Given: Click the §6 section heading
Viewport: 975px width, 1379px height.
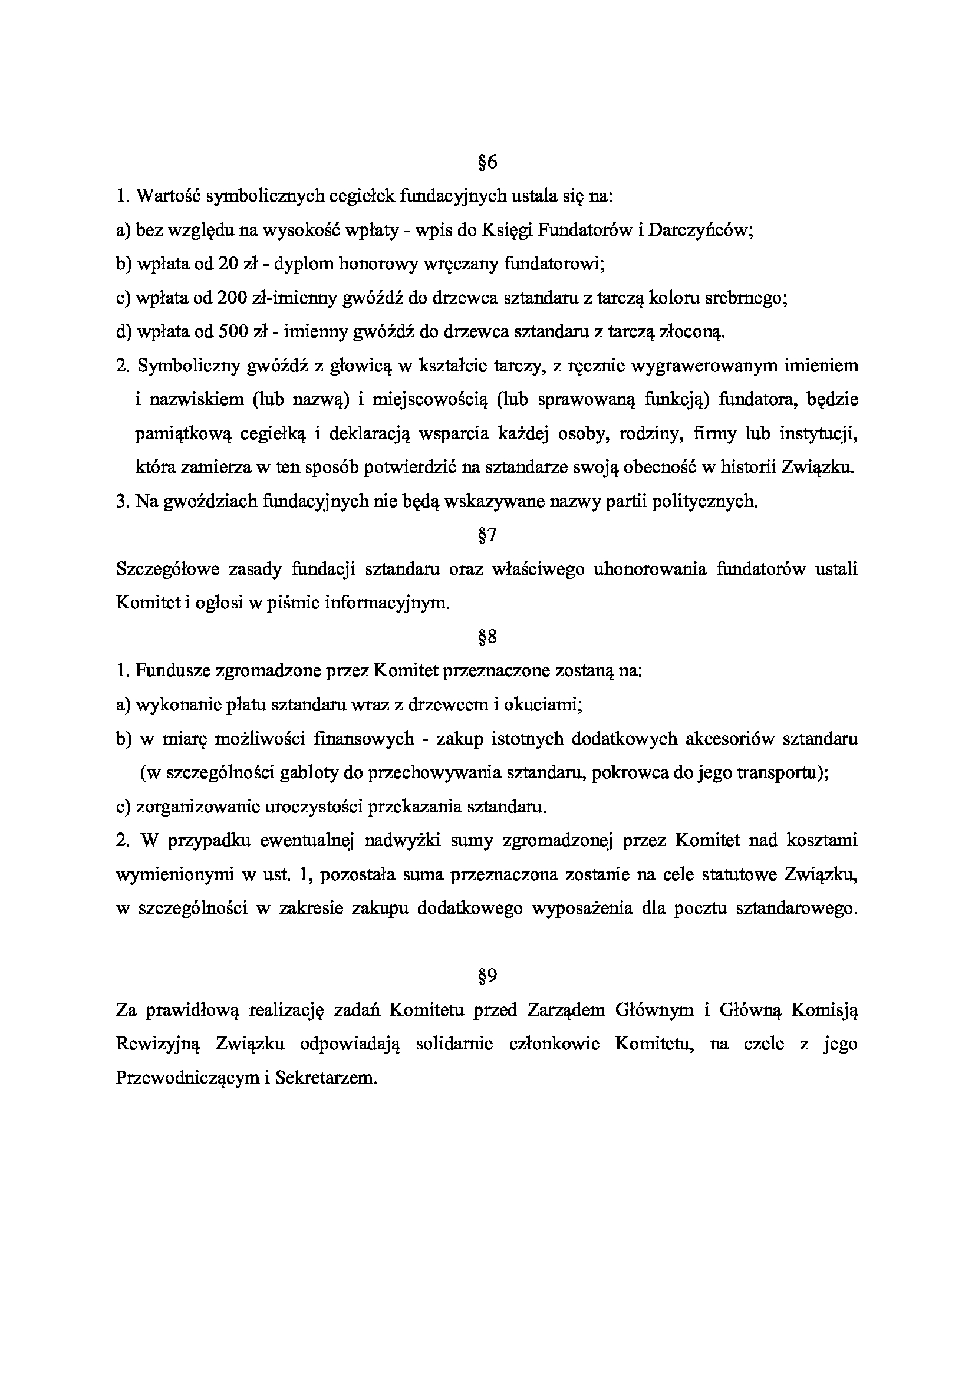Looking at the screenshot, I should coord(487,162).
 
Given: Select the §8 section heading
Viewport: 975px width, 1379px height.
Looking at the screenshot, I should coord(487,637).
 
